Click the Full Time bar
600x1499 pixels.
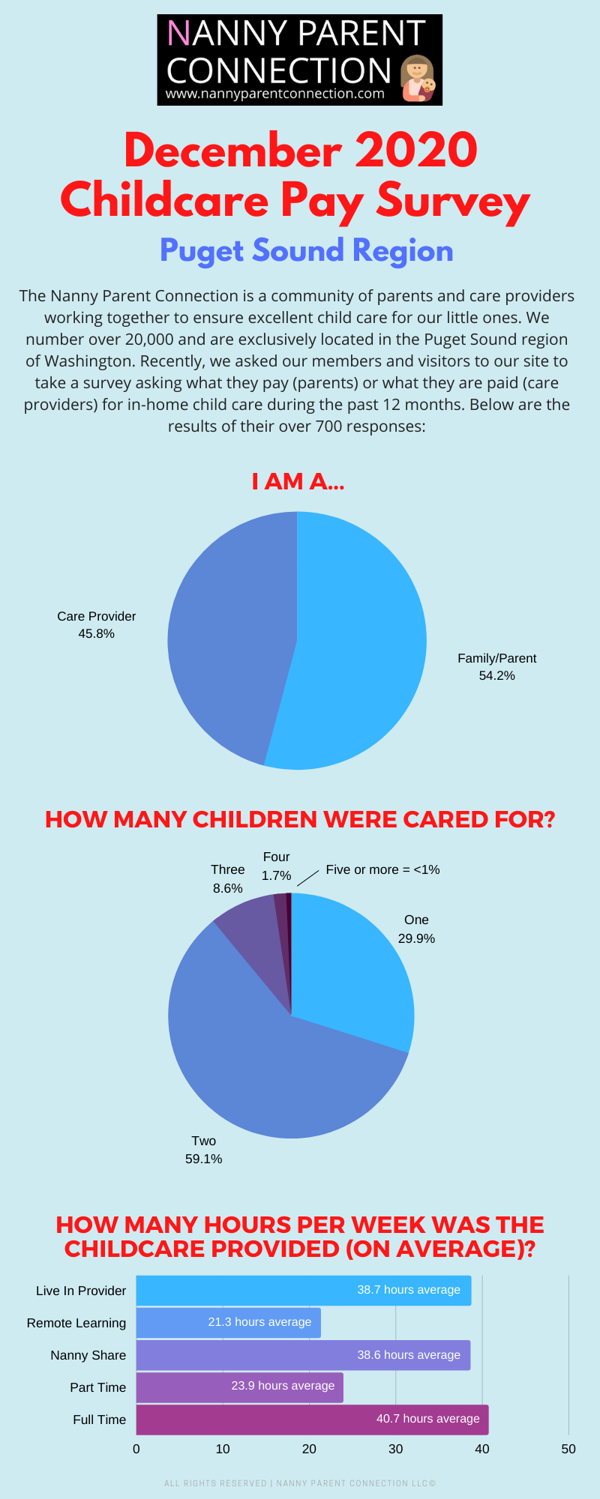click(312, 1420)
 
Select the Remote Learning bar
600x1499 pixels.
click(228, 1323)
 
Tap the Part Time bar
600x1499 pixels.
click(239, 1387)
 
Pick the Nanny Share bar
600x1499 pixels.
click(303, 1355)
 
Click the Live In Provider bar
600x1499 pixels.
click(303, 1291)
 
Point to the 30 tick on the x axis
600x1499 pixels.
click(395, 1449)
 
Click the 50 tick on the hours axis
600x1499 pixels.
click(568, 1449)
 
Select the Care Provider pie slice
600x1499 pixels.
click(225, 637)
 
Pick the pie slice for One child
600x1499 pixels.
click(352, 967)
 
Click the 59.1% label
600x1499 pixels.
click(204, 1159)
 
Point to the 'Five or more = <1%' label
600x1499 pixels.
click(382, 869)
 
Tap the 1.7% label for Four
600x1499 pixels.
click(276, 875)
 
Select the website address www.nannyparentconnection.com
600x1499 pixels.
click(274, 94)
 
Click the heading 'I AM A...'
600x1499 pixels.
click(298, 481)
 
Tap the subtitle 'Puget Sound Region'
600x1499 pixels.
click(306, 250)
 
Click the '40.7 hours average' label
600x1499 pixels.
click(427, 1418)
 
